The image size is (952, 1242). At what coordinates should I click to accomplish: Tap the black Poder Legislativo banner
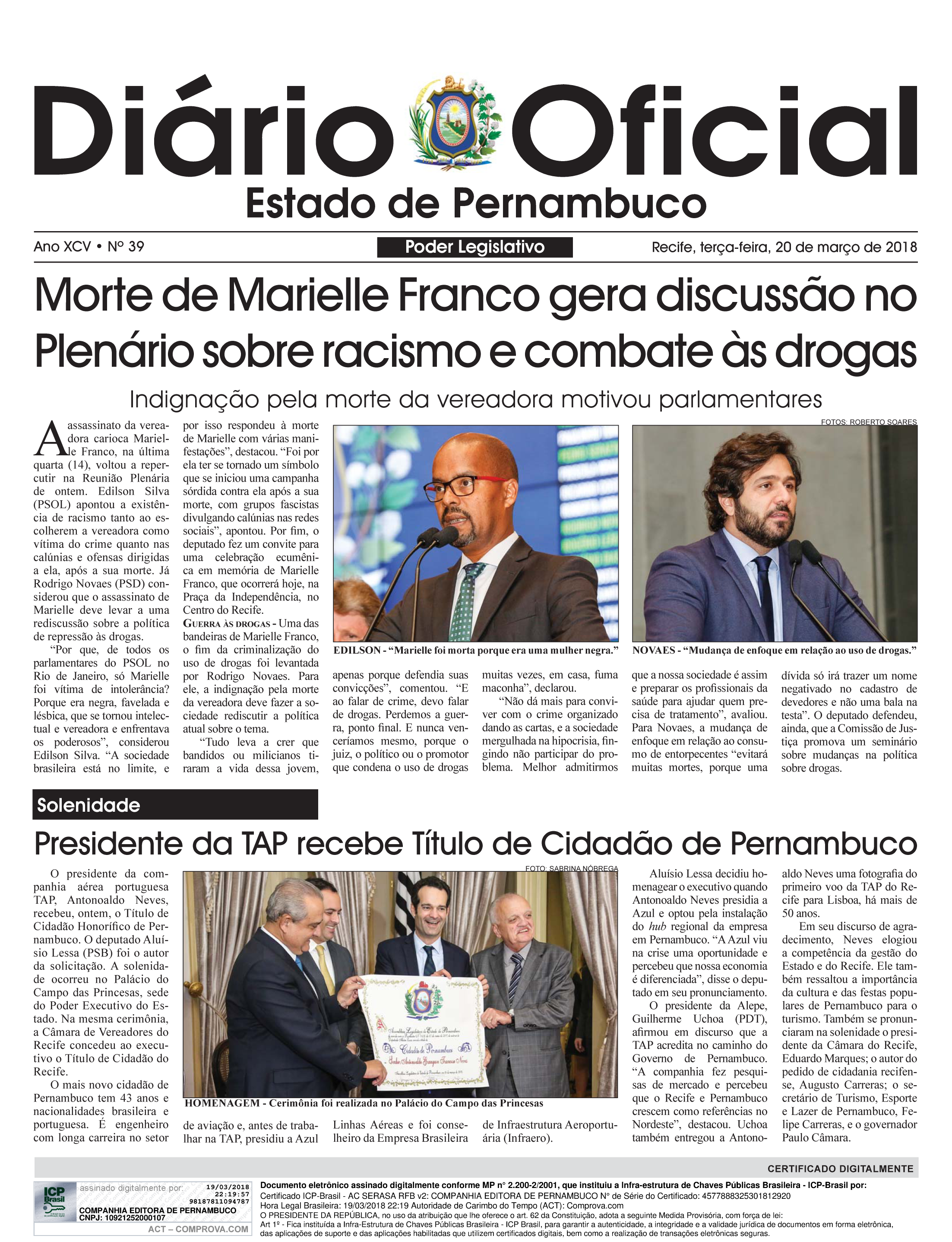(x=475, y=247)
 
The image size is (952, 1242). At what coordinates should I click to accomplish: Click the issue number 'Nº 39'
(x=126, y=247)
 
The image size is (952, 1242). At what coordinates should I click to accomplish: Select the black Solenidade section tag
(x=175, y=805)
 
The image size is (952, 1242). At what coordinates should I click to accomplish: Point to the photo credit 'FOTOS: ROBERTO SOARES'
(x=868, y=422)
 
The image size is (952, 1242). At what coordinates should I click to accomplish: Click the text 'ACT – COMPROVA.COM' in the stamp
(x=198, y=1229)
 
